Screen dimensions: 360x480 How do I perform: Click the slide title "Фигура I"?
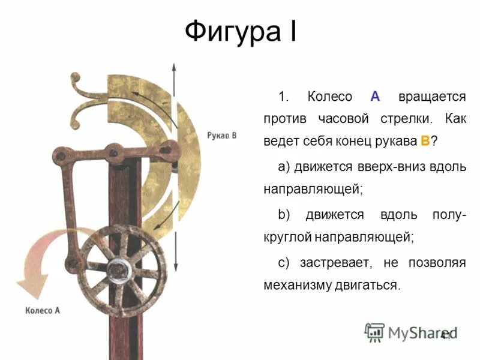pos(240,31)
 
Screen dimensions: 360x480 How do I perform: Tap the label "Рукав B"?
pos(221,136)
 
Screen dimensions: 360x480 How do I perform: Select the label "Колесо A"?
pos(43,311)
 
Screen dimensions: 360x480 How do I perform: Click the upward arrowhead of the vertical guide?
pos(175,67)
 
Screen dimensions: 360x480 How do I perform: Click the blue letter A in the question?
pos(376,97)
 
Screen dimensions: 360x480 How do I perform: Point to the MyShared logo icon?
pos(375,332)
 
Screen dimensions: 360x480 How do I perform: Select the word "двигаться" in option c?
pos(369,284)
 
